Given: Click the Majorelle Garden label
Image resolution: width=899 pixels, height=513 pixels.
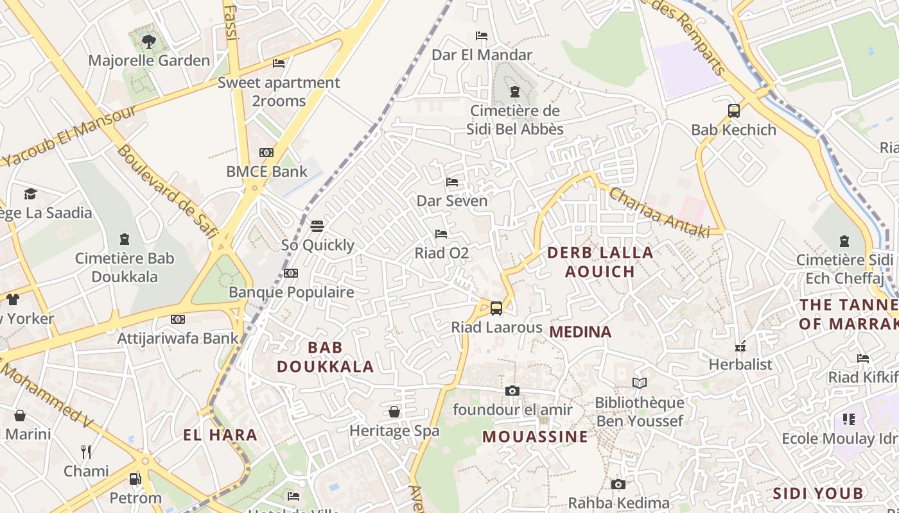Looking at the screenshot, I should tap(149, 61).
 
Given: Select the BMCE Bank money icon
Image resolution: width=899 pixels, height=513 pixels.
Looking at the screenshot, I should tap(266, 153).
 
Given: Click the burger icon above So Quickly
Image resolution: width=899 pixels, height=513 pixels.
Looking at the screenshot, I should tap(317, 226).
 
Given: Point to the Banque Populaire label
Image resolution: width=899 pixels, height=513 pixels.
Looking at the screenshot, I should tap(292, 292).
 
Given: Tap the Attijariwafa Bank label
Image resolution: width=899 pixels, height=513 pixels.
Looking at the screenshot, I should tap(178, 338).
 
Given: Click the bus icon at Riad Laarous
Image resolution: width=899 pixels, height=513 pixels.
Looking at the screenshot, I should tap(496, 308).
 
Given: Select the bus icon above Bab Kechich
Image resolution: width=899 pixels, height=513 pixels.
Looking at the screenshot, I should tap(734, 111).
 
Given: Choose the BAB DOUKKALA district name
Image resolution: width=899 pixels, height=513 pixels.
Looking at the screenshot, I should tap(325, 357).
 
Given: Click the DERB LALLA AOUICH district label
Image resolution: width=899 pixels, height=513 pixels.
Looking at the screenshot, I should tap(600, 262).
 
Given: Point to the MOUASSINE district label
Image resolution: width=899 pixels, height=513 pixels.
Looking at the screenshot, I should tap(535, 437).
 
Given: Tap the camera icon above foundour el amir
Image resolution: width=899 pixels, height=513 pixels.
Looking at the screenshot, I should tap(512, 391).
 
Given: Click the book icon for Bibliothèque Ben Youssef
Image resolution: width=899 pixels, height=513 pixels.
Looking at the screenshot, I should tap(639, 383).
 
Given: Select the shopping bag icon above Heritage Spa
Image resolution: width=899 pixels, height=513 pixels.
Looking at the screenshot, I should tap(394, 412).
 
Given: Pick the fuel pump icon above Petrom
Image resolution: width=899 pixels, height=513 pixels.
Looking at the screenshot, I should tap(135, 479).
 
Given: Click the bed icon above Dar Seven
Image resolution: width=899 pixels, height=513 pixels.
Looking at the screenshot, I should tap(452, 182).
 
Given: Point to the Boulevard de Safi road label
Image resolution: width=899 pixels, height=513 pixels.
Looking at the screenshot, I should tap(166, 191).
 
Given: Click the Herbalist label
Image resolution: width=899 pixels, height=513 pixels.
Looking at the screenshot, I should tap(740, 364).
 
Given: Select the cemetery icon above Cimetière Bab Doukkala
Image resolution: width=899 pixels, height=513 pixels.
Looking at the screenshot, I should tap(125, 240).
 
